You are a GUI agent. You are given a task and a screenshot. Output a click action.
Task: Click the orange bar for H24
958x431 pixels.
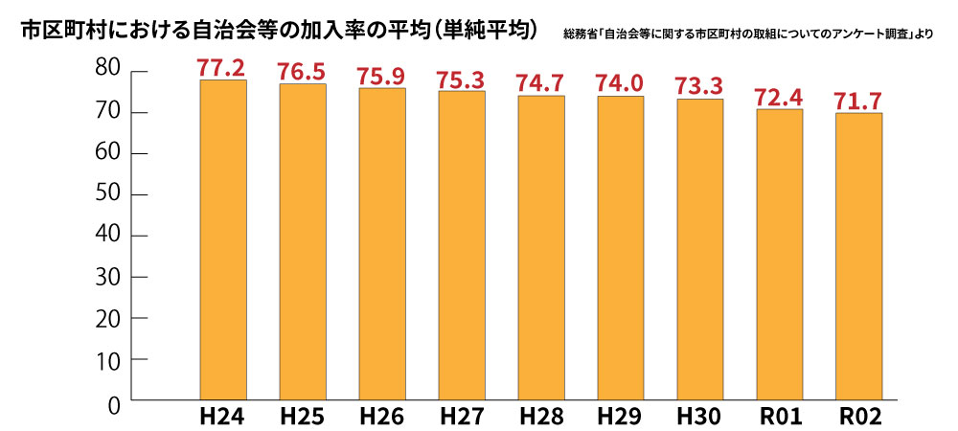[x=223, y=239]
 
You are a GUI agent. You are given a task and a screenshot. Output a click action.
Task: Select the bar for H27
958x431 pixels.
[x=462, y=244]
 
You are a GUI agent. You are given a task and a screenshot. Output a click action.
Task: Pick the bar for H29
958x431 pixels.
[x=620, y=247]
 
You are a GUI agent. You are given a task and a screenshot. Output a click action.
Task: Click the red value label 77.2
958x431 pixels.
[x=222, y=67]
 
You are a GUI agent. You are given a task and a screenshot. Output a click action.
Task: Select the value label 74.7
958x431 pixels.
[x=540, y=82]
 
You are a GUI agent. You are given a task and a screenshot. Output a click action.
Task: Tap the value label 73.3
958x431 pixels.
[x=699, y=85]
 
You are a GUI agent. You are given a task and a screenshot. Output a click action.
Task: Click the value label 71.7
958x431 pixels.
[x=858, y=100]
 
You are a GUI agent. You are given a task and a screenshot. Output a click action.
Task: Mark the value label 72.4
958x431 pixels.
[x=779, y=96]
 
